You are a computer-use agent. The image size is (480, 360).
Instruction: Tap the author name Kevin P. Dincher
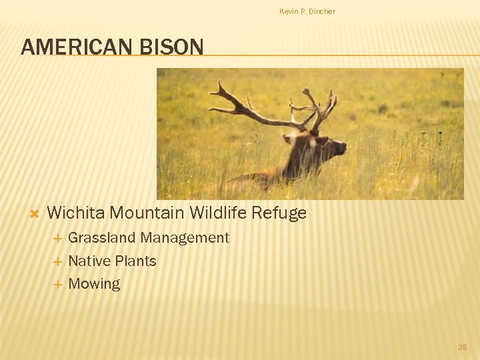pos(307,11)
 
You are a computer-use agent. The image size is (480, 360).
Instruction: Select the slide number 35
pos(462,347)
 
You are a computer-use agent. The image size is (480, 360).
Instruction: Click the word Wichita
pos(76,213)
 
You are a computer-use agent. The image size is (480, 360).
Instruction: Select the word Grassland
pos(102,238)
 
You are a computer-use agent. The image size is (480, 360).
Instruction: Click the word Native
pos(89,261)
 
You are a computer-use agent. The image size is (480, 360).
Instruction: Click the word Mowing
pos(94,284)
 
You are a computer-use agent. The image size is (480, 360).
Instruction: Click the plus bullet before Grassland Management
pos(57,238)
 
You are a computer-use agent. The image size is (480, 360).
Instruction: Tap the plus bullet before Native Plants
pos(57,261)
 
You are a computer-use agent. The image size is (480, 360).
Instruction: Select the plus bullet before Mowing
pos(57,284)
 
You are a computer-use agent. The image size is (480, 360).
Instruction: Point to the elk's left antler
pos(247,107)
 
